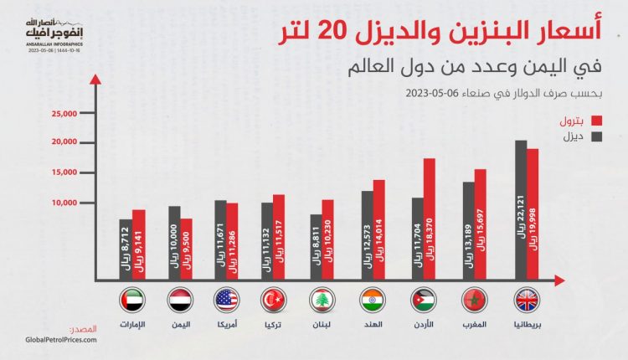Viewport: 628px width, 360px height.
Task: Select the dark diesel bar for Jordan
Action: tap(417, 239)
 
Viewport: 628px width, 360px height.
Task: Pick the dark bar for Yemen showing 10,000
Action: tap(174, 243)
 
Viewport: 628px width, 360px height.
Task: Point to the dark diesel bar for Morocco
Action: tap(469, 231)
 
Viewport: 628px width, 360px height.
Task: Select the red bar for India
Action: tap(378, 229)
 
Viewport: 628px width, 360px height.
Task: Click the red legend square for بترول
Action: tap(598, 121)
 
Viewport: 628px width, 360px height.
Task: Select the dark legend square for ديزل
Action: tap(598, 136)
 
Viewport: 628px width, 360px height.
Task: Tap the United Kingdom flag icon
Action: tap(527, 300)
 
